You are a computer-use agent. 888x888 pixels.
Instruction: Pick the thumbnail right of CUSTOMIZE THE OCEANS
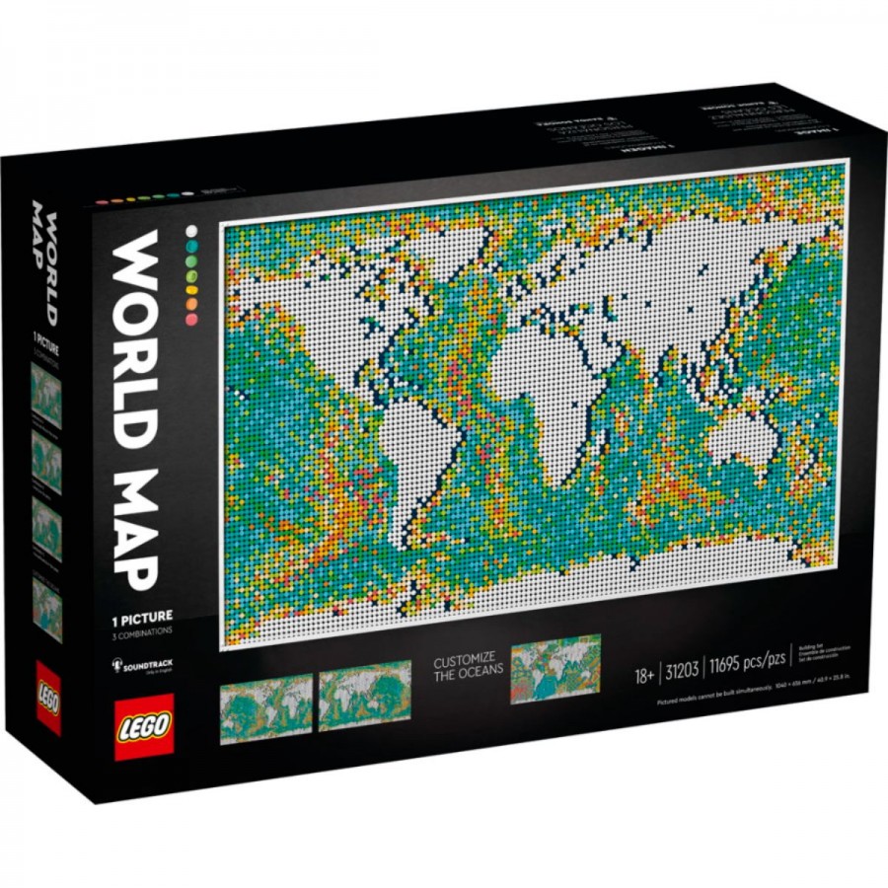[x=555, y=668]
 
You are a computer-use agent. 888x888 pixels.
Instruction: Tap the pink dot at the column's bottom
[x=190, y=320]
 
